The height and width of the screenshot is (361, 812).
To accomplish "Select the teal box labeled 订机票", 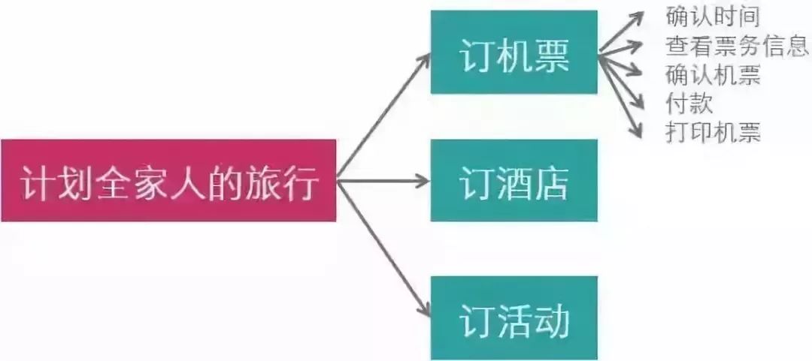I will [514, 53].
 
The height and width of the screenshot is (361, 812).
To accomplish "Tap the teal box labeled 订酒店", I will [514, 180].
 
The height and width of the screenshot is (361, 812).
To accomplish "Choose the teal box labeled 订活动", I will [514, 317].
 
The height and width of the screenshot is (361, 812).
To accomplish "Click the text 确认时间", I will [712, 15].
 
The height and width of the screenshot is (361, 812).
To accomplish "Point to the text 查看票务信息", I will [736, 45].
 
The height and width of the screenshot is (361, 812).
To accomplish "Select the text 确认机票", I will [712, 74].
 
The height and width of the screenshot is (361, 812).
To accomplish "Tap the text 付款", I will [689, 103].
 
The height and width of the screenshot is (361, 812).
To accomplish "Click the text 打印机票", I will [712, 133].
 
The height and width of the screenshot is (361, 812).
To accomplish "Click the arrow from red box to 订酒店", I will [383, 181].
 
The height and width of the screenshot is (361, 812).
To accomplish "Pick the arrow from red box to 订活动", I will [384, 247].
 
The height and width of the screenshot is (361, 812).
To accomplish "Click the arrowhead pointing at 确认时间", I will [638, 17].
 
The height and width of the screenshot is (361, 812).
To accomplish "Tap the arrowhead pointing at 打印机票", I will [638, 131].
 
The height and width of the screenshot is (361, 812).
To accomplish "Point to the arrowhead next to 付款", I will [638, 102].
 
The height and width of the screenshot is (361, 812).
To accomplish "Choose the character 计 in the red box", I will [36, 182].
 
